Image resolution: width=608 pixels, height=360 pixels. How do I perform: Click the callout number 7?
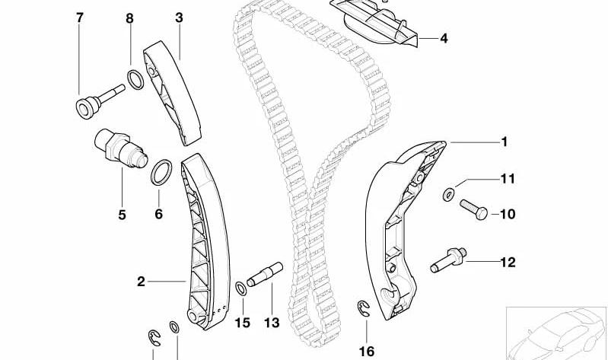point(79,18)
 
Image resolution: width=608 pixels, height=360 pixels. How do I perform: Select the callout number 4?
point(444,38)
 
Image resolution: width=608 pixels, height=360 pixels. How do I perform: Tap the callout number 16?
point(367,352)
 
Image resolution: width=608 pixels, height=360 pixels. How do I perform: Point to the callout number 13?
point(272,323)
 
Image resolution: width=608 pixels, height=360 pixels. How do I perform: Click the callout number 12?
point(508,263)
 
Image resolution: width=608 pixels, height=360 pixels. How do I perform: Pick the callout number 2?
point(141,282)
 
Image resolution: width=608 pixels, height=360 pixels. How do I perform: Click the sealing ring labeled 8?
point(135,79)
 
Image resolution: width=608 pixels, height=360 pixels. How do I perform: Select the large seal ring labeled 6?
point(161,172)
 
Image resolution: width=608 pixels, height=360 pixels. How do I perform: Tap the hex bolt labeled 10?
point(473,209)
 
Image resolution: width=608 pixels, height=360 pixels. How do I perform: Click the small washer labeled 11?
point(449,194)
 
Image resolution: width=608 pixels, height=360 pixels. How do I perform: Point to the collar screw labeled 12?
point(448,260)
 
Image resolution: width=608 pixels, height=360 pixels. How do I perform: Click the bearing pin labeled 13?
point(265,274)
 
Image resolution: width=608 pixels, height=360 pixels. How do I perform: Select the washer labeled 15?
point(241,288)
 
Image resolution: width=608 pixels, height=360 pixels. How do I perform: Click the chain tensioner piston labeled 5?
point(121,148)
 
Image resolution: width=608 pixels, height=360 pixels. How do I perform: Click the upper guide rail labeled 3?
point(172,93)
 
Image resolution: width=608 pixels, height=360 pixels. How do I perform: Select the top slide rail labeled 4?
point(374,23)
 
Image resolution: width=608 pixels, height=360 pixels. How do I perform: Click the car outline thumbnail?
point(556,333)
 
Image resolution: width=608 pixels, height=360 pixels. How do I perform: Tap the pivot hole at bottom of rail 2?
point(193,314)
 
